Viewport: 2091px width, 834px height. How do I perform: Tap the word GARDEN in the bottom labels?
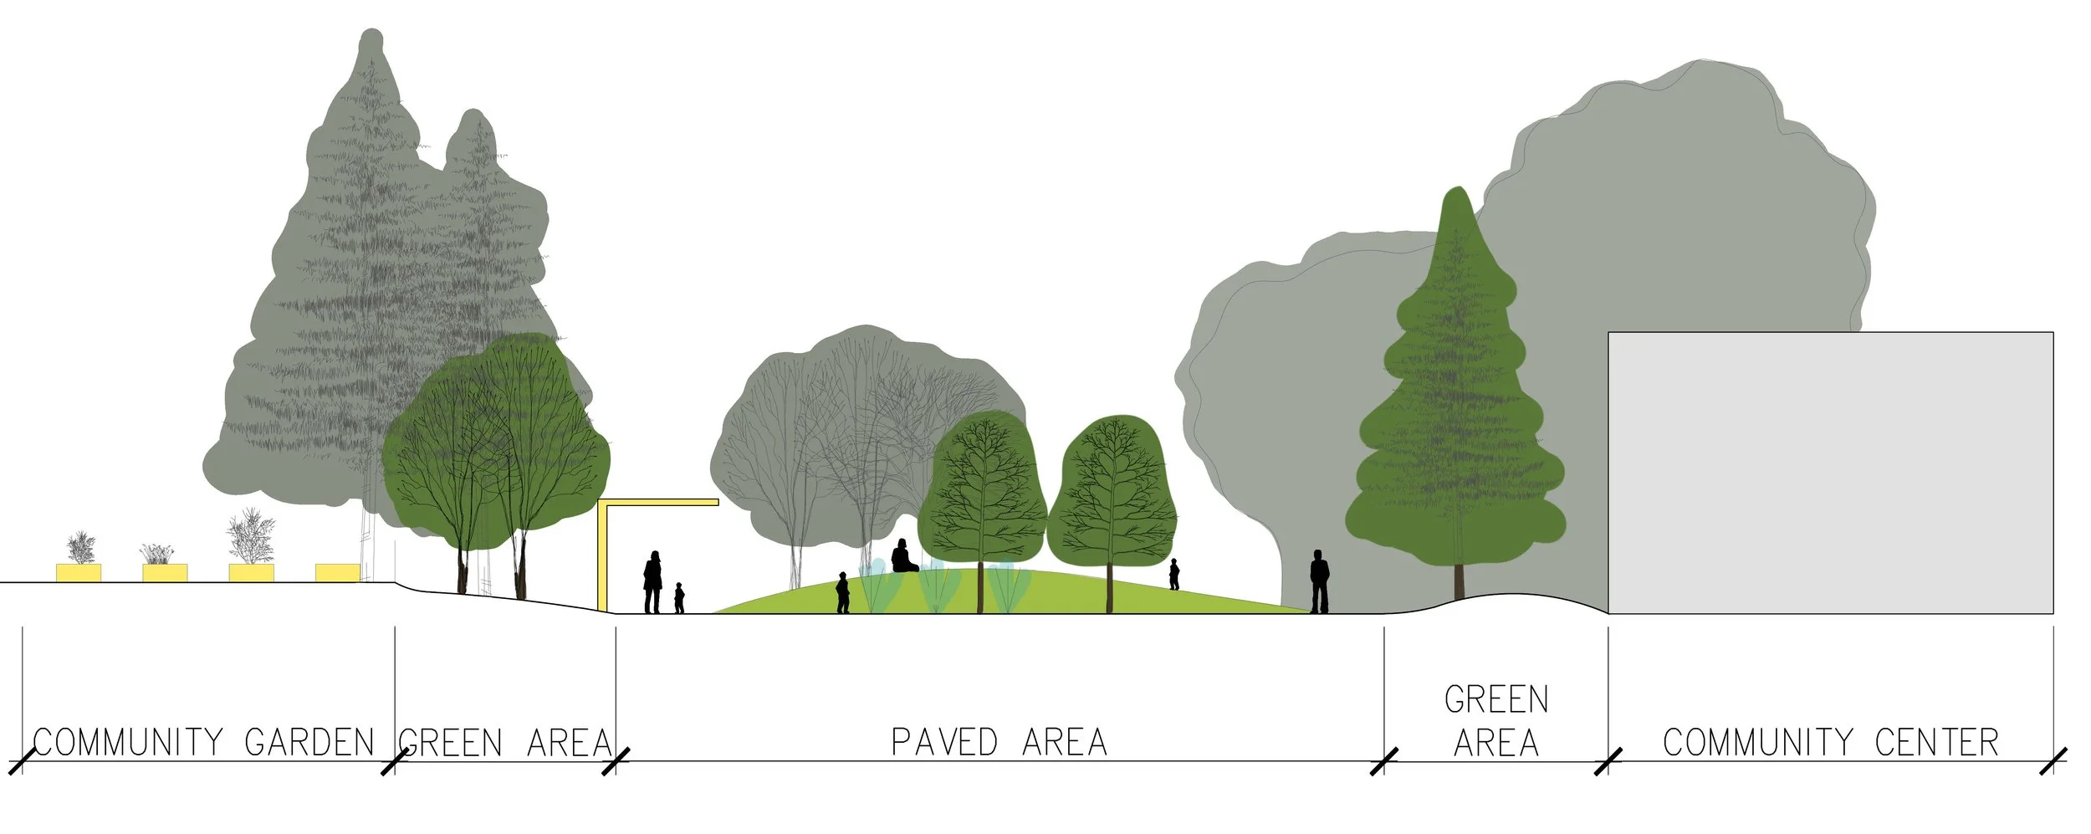point(309,742)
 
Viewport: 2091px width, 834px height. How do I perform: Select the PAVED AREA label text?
point(999,742)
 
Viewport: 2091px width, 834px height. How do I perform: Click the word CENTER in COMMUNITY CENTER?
point(1936,742)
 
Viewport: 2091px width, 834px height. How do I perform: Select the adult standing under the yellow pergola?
point(652,581)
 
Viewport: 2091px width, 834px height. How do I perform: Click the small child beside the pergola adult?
point(679,598)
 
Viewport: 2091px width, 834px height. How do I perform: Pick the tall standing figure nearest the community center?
point(1319,581)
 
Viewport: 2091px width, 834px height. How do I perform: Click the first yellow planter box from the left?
point(79,572)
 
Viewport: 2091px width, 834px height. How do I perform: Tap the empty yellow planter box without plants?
point(337,572)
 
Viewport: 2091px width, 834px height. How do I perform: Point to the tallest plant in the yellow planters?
point(251,535)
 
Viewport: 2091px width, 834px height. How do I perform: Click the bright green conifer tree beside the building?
point(1456,402)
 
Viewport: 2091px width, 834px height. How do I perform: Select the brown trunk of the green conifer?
point(1460,581)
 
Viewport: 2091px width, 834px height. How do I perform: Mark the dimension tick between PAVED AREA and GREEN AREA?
point(1384,761)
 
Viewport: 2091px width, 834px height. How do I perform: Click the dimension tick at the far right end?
point(2053,761)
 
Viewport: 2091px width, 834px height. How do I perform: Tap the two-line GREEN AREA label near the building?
point(1496,721)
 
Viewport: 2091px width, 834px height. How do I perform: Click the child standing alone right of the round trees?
point(1174,575)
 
